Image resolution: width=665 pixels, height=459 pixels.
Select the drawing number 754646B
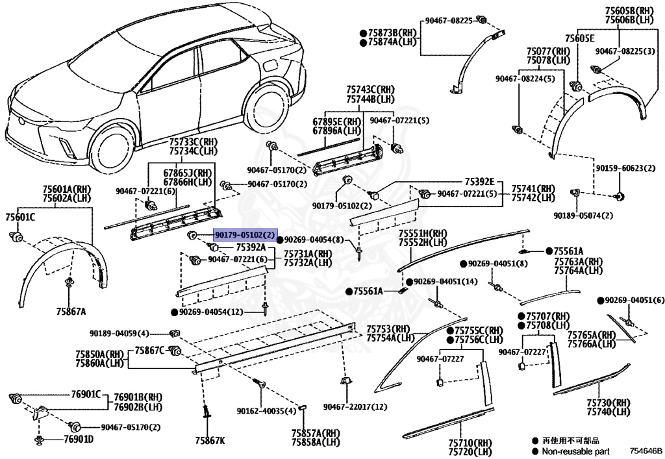click(x=644, y=450)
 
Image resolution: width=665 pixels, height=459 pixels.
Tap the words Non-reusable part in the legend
click(x=575, y=451)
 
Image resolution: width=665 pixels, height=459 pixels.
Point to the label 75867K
click(x=212, y=441)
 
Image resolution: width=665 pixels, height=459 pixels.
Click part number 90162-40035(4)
click(x=266, y=411)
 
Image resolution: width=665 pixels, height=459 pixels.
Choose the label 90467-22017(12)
click(x=355, y=407)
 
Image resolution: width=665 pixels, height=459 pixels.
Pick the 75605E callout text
click(x=579, y=38)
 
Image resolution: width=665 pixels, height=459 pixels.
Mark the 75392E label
click(x=479, y=181)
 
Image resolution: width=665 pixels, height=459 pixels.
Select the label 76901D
click(x=79, y=440)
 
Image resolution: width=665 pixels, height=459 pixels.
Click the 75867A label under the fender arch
click(x=71, y=311)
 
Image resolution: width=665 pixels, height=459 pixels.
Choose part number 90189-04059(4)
click(x=119, y=334)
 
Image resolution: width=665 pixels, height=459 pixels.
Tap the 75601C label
click(x=20, y=216)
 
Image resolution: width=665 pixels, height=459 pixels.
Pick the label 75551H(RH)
click(x=423, y=233)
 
